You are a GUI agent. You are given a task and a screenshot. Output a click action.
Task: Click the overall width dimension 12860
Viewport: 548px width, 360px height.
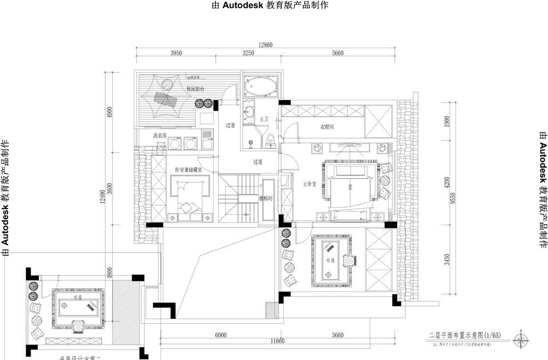(265, 45)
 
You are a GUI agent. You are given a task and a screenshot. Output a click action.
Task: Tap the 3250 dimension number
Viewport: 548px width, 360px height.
(248, 53)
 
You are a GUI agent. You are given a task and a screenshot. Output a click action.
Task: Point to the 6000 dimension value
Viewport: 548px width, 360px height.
(221, 335)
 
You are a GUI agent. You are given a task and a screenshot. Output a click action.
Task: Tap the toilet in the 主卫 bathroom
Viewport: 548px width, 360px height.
(270, 141)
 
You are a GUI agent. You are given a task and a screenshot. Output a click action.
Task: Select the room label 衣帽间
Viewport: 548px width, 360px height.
(327, 127)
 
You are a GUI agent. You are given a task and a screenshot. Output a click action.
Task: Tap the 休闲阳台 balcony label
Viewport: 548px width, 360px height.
(195, 88)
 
